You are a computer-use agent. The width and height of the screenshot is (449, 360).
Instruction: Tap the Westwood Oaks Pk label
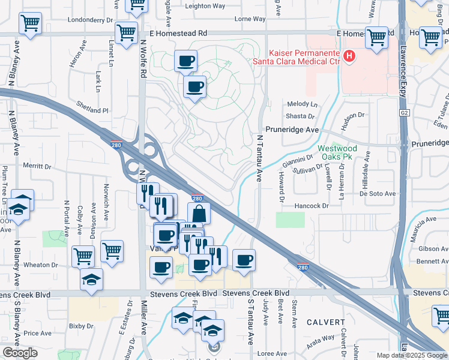337,152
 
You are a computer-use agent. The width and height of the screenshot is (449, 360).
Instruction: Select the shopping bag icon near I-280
199,214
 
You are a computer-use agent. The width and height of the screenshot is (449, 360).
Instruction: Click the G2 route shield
403,112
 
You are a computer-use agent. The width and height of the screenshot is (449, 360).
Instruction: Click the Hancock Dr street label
313,206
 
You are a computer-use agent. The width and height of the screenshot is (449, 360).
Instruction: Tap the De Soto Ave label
378,193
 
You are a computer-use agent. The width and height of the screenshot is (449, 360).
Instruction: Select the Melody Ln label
302,104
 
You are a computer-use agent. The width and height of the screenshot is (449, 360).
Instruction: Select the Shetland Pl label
92,110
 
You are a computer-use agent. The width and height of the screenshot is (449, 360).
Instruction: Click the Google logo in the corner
20,353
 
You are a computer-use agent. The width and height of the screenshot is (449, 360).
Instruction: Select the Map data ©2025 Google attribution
412,355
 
